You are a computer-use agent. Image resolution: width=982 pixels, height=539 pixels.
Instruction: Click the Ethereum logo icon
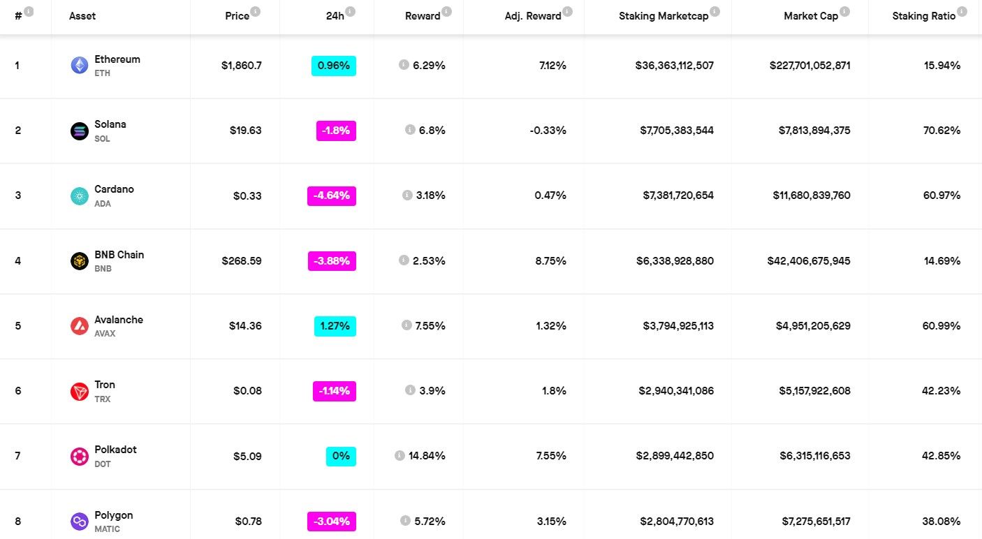point(80,65)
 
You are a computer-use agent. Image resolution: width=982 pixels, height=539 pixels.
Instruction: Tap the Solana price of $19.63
point(245,131)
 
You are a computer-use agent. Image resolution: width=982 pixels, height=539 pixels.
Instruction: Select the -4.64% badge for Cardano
point(332,195)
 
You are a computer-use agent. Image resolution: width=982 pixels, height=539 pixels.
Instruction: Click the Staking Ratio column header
point(923,16)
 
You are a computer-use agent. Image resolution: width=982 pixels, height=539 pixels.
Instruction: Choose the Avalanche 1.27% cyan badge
point(335,326)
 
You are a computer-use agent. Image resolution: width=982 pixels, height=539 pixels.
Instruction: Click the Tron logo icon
point(80,391)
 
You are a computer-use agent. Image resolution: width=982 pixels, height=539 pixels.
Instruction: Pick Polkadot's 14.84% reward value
point(427,456)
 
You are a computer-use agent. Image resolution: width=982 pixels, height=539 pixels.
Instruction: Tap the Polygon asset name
point(114,515)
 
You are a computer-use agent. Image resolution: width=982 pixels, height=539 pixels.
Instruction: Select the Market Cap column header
point(810,16)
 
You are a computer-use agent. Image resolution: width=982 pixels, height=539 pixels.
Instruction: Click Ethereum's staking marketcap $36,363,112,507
point(674,66)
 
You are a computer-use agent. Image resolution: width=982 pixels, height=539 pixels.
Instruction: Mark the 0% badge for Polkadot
point(341,456)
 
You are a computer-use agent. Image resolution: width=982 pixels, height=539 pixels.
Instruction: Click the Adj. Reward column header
point(533,16)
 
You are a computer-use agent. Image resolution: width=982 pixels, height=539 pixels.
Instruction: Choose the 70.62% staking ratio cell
point(941,131)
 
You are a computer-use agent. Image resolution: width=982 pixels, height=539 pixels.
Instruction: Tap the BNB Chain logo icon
point(80,260)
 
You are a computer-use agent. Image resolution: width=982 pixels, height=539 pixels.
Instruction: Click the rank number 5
point(18,326)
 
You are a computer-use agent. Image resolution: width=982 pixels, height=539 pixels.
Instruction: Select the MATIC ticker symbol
point(107,529)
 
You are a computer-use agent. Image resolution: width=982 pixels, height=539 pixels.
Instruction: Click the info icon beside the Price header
point(256,11)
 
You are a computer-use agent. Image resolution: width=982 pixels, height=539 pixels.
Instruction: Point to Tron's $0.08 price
point(247,391)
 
